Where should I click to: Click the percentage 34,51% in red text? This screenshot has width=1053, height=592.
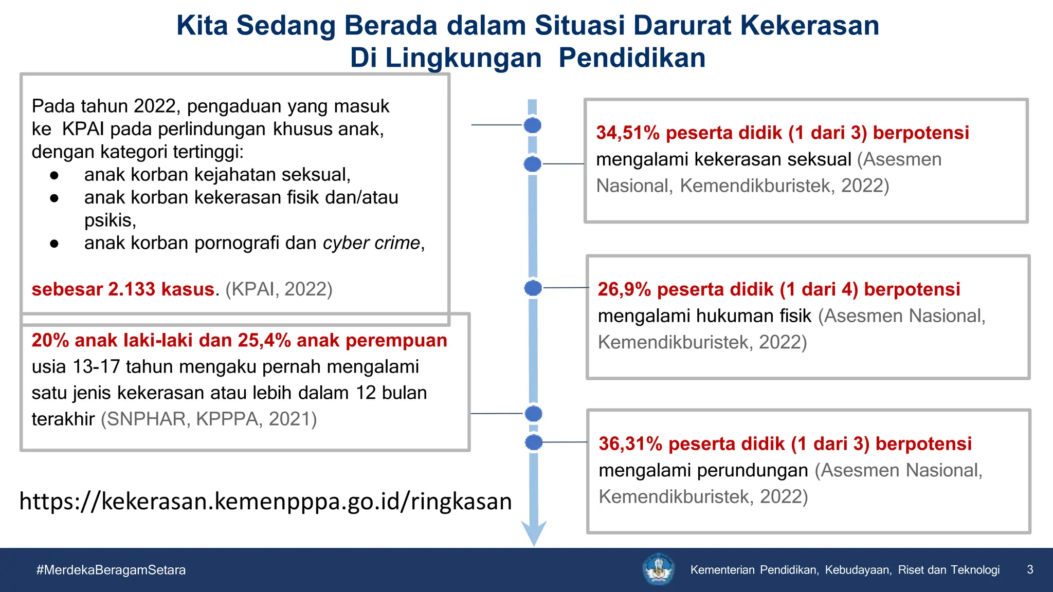click(627, 133)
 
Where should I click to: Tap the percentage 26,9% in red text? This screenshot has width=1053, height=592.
click(624, 290)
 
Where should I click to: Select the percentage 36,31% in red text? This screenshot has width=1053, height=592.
click(630, 444)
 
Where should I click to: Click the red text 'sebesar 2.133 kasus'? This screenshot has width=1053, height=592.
click(123, 289)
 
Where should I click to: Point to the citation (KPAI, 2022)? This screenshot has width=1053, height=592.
click(279, 289)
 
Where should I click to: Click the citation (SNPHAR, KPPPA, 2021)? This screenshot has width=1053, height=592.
click(209, 419)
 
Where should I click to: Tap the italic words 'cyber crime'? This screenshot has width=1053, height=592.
click(371, 243)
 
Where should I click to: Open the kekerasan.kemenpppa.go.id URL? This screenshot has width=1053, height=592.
click(265, 501)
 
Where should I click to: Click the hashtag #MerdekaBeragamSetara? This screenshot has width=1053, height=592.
click(111, 570)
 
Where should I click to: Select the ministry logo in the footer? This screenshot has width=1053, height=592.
click(659, 569)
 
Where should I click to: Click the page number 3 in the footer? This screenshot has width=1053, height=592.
click(1030, 569)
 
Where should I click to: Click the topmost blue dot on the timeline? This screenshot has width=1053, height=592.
click(533, 125)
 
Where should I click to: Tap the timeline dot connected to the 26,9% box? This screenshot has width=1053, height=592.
click(533, 288)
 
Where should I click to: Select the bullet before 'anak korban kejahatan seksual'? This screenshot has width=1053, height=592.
click(55, 175)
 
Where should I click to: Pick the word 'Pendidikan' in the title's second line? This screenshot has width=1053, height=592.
click(632, 58)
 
